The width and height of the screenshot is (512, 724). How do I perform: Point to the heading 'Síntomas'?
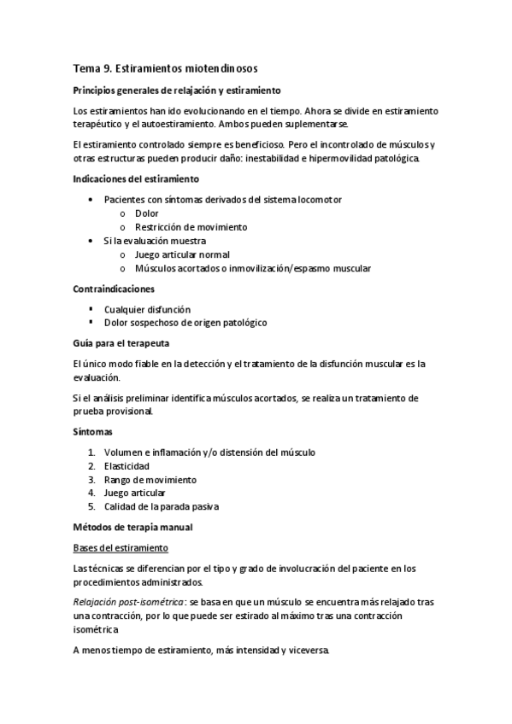93,432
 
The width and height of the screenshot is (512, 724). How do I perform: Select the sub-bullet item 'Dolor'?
147,213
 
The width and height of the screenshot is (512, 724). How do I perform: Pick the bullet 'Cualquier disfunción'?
147,309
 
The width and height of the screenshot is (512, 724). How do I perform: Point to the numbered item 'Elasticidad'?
127,466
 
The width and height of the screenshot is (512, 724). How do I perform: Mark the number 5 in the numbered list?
91,507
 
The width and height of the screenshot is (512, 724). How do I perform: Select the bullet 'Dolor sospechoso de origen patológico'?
185,323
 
